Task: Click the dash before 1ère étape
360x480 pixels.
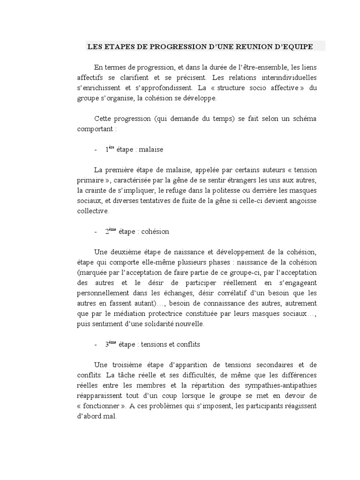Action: click(96, 150)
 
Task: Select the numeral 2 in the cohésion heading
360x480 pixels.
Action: click(107, 232)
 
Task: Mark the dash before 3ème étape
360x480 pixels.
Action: click(96, 345)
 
